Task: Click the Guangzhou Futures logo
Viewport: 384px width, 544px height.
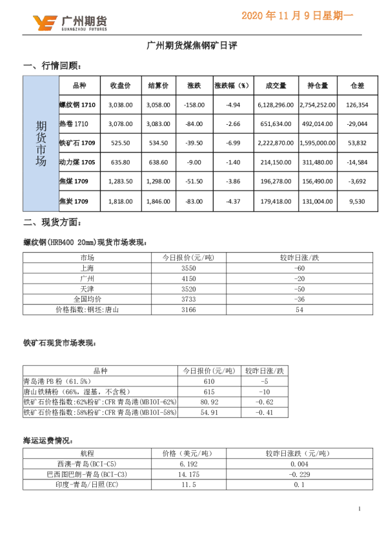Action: tap(70, 23)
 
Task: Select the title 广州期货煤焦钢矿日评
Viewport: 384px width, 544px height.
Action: tap(192, 46)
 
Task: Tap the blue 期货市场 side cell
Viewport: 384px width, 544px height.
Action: tap(41, 143)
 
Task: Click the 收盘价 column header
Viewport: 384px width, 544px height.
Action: tap(120, 85)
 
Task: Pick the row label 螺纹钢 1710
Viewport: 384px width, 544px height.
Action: tap(77, 105)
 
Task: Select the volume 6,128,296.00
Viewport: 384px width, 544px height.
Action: tap(276, 105)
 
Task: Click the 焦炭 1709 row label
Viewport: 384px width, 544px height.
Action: tap(74, 202)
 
